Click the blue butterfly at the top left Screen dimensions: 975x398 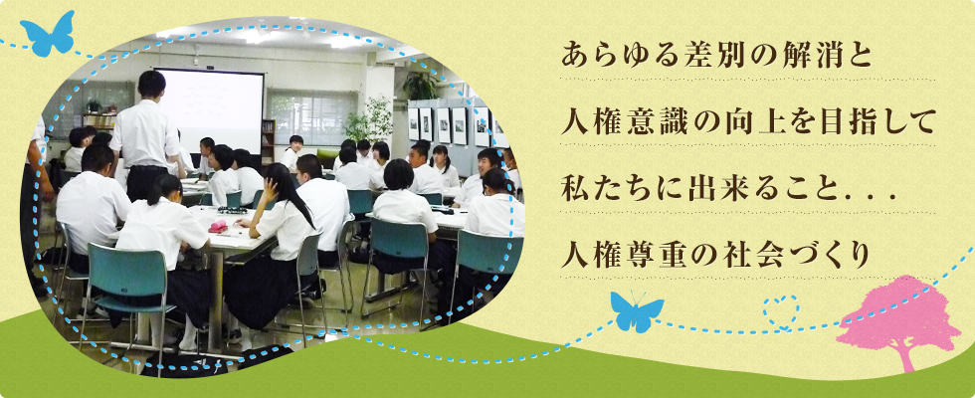pos(48,35)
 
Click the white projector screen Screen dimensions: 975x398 pos(210,108)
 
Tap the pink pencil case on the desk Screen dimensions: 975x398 pos(218,226)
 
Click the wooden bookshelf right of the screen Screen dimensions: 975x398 pos(268,141)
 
